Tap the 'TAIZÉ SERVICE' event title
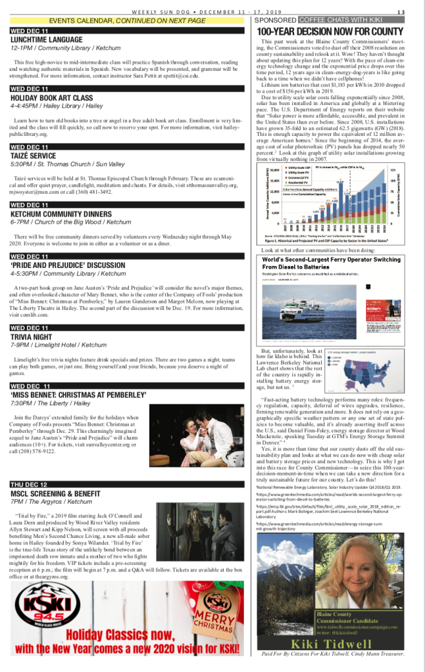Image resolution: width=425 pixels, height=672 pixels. click(33, 156)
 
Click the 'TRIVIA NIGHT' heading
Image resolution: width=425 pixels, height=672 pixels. click(31, 336)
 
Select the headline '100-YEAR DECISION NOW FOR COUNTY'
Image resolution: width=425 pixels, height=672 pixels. click(330, 32)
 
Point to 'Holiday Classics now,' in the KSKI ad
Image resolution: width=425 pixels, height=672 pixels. click(126, 635)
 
